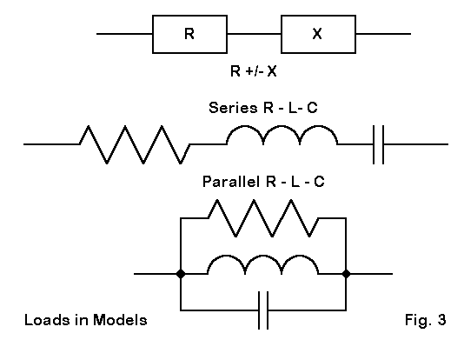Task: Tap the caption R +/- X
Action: tap(254, 71)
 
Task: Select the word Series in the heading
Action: tap(233, 108)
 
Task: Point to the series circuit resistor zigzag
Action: tap(135, 144)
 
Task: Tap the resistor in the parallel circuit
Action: tap(263, 218)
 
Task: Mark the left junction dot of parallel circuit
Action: tap(181, 274)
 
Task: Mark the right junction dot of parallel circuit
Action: tap(346, 274)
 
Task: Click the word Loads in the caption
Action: tap(48, 320)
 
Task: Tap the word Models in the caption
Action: tap(120, 320)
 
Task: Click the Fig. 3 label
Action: tap(425, 320)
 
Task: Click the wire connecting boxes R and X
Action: tap(255, 34)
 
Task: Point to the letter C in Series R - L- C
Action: tap(312, 108)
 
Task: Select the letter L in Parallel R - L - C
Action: tap(295, 182)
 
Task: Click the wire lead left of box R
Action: tap(124, 34)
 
